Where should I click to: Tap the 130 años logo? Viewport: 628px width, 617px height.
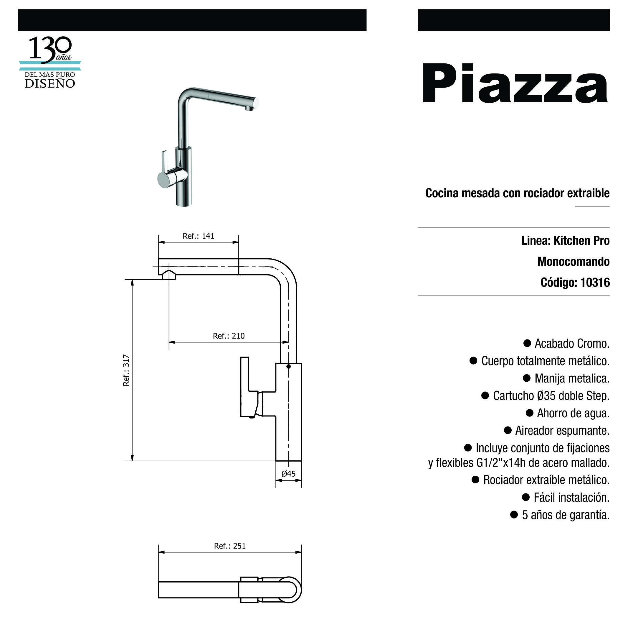50,62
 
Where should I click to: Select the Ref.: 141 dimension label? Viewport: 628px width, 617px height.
199,236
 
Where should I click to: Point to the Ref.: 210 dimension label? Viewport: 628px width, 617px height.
229,336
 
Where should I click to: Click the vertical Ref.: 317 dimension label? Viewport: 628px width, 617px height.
126,370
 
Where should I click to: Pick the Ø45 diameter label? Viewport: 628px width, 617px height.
288,473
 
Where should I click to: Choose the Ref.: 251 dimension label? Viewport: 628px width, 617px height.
230,546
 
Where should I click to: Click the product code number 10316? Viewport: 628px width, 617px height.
595,282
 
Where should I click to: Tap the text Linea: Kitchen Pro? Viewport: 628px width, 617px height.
565,240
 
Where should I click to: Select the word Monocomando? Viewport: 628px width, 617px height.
573,261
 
